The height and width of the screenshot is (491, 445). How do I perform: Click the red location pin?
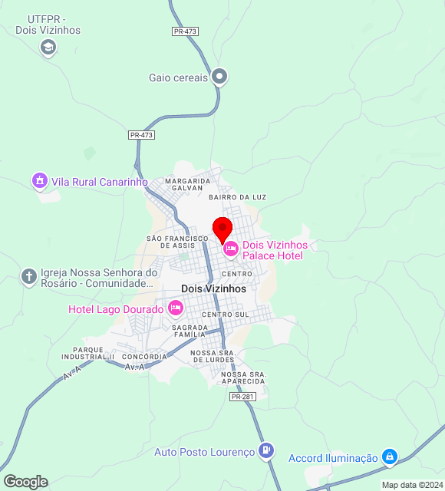coord(222,229)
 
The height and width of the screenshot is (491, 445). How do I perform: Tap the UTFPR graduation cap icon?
coord(48,48)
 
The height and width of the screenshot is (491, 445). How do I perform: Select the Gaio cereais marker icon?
coord(220,76)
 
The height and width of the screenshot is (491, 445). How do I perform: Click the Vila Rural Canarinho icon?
coord(39,181)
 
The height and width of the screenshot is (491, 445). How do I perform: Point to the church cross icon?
coord(29,276)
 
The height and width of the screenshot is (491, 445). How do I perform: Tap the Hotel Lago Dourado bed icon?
coord(176,308)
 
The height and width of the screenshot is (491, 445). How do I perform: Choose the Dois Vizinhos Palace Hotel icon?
coord(230,249)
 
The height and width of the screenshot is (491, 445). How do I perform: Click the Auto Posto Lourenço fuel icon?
coord(266,451)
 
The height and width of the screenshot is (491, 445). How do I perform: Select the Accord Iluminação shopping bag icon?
coord(390,457)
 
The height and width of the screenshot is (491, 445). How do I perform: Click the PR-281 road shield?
coord(242,396)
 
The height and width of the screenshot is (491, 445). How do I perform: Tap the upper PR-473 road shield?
coord(185,31)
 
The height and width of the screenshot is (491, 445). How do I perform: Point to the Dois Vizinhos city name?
coord(213,288)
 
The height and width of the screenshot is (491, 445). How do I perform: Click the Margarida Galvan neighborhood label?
coord(182,184)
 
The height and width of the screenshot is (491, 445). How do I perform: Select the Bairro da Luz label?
coord(237,197)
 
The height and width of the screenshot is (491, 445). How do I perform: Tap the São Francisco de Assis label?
coord(177,242)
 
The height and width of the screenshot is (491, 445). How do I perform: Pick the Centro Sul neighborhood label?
coord(226,315)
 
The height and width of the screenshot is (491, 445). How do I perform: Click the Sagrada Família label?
coord(189,331)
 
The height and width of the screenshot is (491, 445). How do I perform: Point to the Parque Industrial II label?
coord(87,353)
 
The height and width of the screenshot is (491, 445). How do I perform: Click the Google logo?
coord(25,482)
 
